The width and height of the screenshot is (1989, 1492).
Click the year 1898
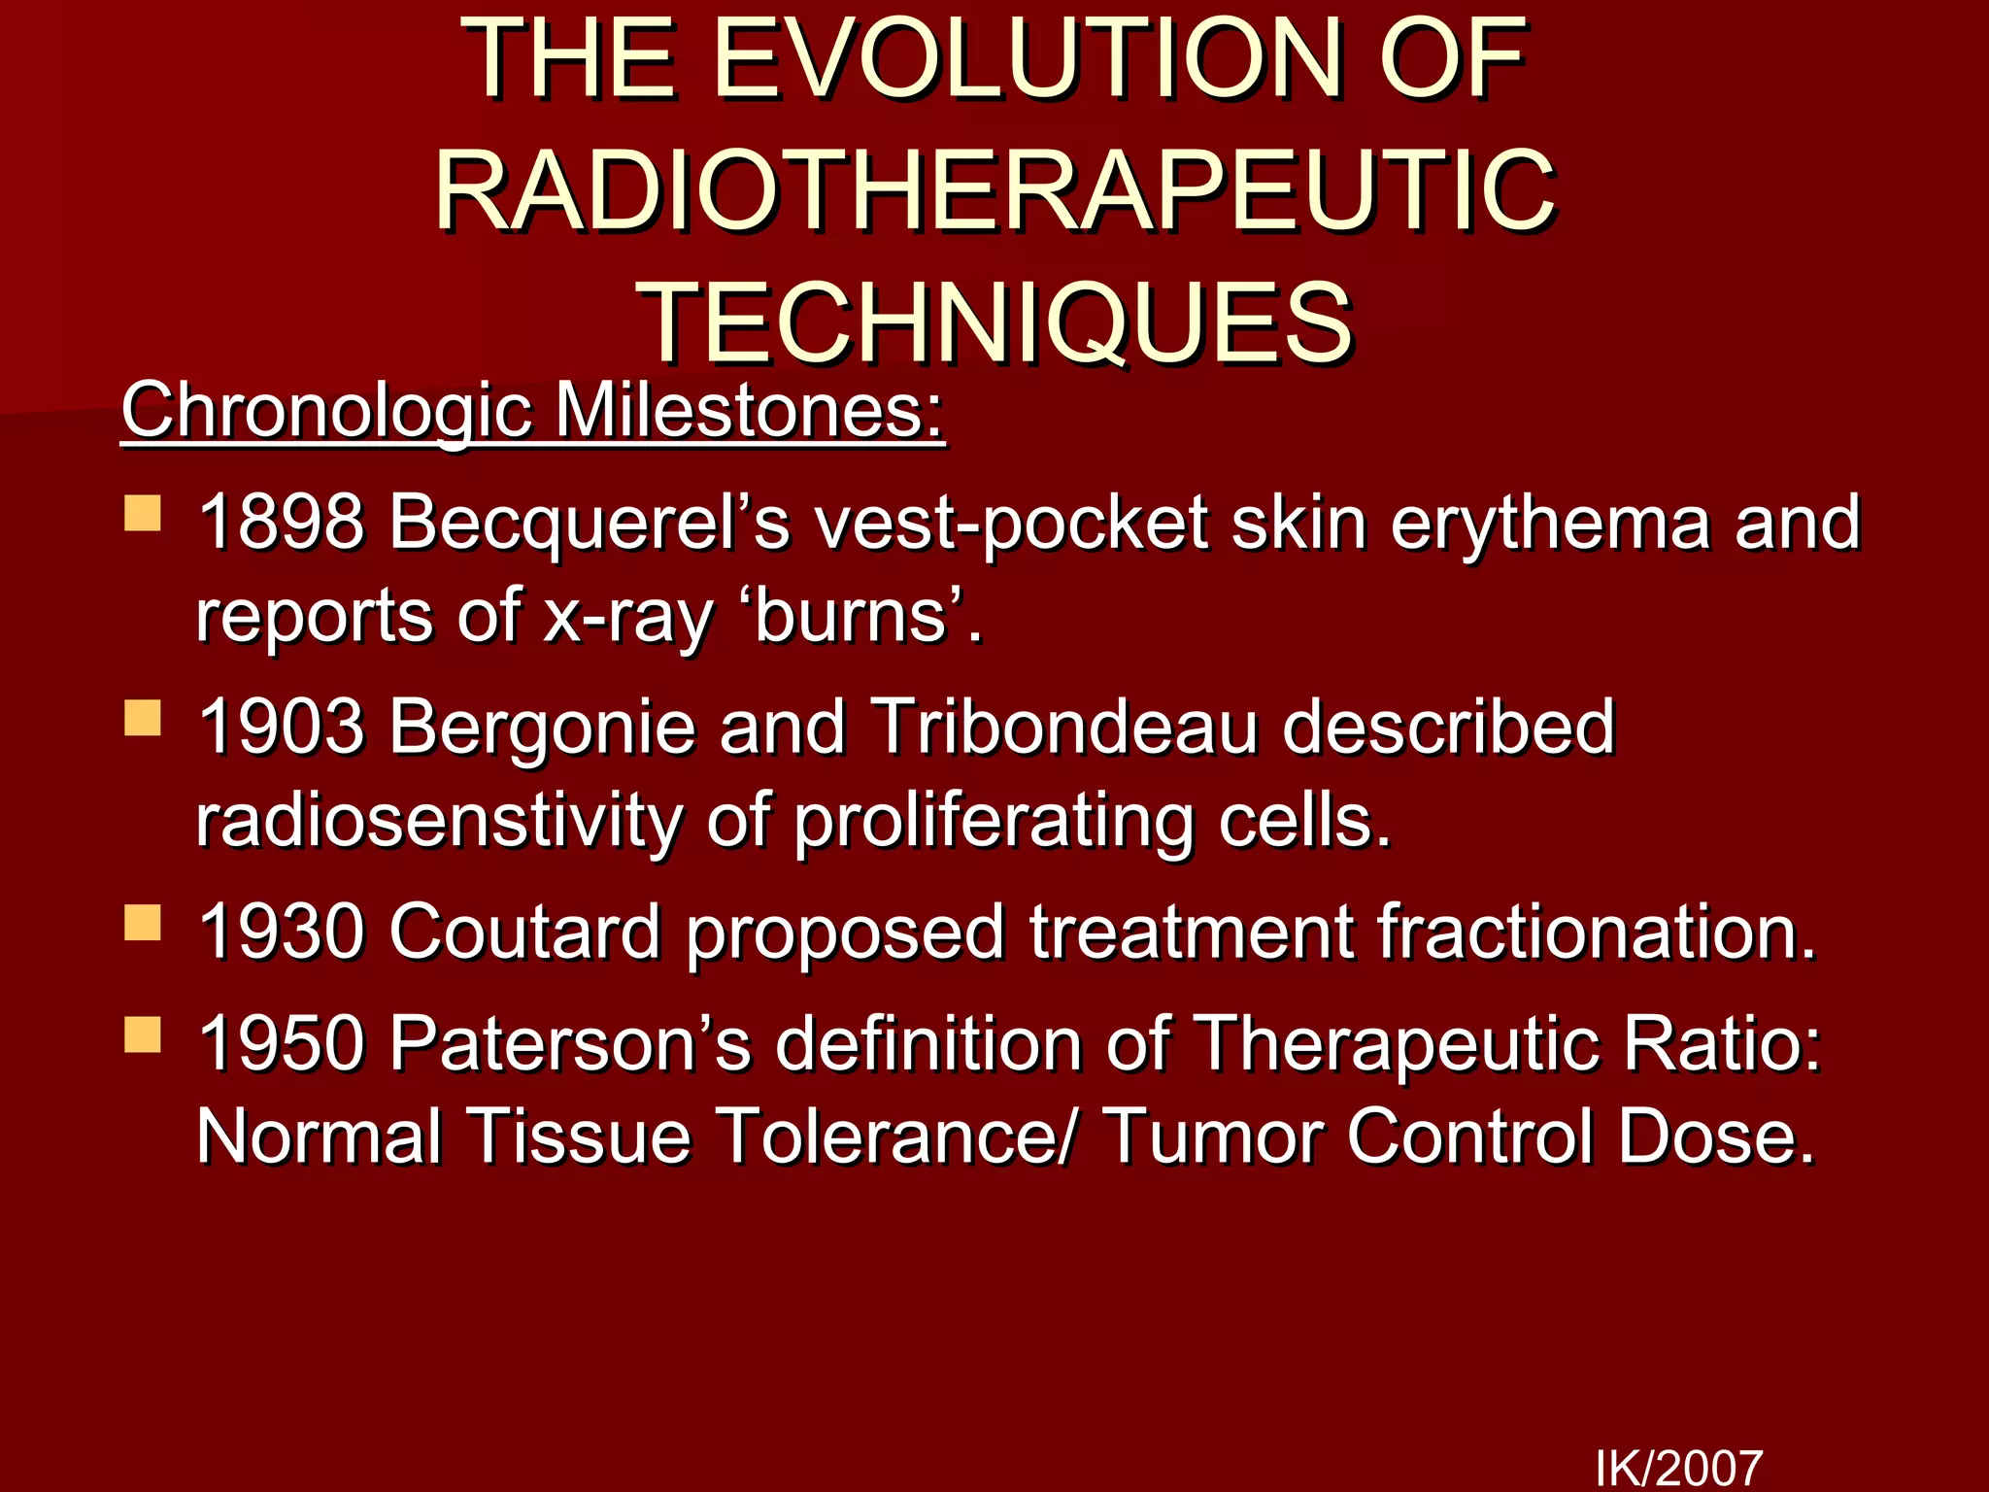[x=282, y=523]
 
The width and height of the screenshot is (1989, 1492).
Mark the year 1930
[x=282, y=932]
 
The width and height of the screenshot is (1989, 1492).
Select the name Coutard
[x=525, y=932]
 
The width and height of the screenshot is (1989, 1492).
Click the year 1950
[x=282, y=1044]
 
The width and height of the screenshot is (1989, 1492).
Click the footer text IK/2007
[x=1678, y=1467]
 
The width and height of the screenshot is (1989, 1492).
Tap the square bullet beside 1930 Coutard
[x=143, y=923]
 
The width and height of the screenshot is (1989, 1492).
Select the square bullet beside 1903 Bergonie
[x=143, y=719]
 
